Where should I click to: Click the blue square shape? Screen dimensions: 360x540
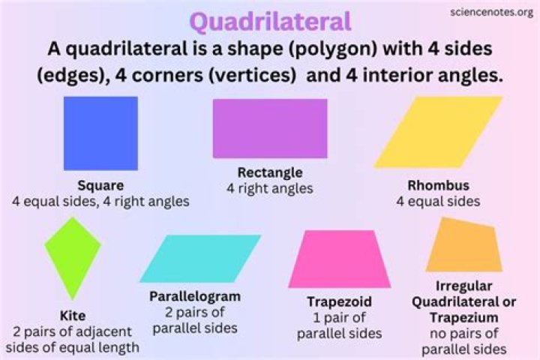100,133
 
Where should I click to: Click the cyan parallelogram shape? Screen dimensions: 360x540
199,258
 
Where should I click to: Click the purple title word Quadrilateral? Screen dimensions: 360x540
269,22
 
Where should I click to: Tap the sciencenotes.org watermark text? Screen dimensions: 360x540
491,12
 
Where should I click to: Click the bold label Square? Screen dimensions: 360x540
100,185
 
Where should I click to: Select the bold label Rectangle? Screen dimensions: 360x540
270,172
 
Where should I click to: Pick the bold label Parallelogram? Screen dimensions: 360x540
195,295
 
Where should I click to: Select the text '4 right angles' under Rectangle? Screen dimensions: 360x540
270,188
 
